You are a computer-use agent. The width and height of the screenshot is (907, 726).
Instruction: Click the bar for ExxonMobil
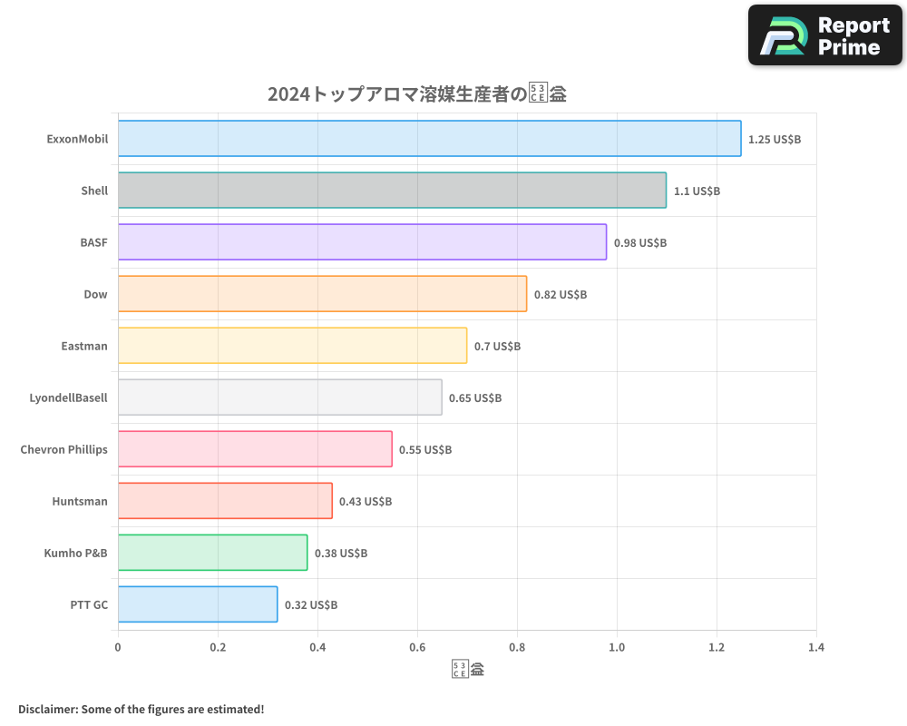[429, 139]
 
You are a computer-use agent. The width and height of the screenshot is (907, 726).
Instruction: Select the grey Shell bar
[392, 191]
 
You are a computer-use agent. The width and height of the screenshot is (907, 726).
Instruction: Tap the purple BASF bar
[362, 242]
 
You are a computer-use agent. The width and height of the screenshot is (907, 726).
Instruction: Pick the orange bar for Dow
[322, 294]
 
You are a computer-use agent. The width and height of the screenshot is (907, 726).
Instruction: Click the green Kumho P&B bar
[212, 553]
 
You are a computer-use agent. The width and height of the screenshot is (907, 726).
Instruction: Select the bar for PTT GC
[198, 604]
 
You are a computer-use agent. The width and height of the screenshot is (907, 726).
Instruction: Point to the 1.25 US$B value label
[775, 140]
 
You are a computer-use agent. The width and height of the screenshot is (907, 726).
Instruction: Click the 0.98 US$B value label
[640, 243]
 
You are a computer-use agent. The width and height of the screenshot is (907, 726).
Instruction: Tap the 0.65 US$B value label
[475, 398]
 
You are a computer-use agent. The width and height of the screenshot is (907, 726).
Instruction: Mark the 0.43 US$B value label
[366, 502]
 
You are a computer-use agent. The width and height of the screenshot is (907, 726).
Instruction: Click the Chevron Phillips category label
[63, 450]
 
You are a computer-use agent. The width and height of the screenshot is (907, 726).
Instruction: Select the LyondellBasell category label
[69, 398]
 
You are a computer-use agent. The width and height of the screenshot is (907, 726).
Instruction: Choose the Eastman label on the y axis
[84, 347]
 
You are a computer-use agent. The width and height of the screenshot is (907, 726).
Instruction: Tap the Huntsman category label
[80, 502]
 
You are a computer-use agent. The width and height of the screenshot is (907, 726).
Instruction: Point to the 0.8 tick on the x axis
[517, 648]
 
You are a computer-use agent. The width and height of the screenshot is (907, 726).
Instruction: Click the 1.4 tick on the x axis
[815, 648]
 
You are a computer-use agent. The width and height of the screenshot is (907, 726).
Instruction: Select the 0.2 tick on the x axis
[218, 648]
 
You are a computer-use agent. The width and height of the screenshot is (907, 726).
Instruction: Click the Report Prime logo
[825, 35]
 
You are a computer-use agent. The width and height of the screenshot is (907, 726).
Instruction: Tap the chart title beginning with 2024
[416, 94]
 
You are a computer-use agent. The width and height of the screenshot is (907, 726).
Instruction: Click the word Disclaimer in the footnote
[46, 709]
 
